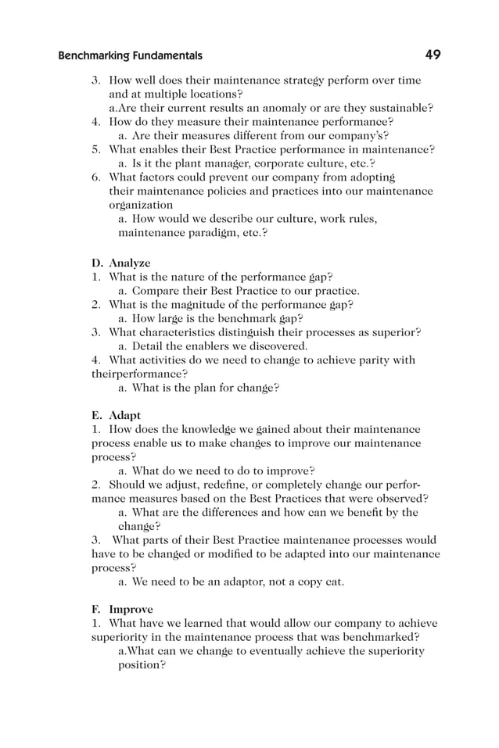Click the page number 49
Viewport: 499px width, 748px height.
pos(433,55)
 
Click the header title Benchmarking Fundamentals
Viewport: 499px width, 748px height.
pos(130,55)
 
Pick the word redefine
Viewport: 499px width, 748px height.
pos(213,485)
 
